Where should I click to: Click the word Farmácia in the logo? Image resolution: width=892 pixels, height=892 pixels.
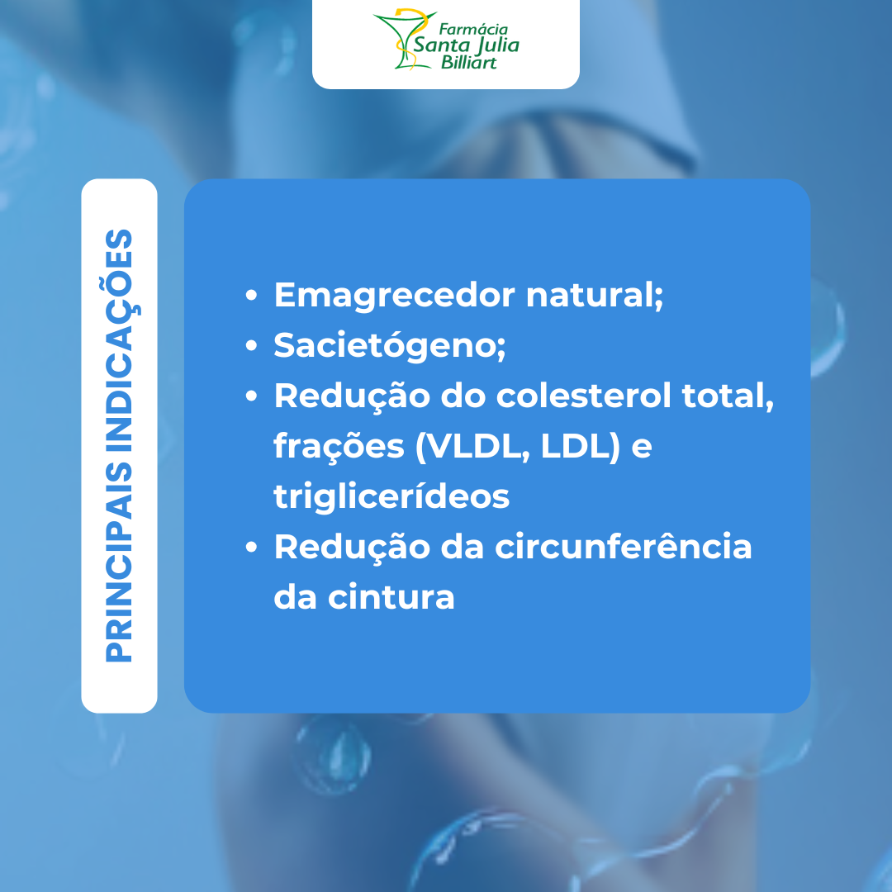click(473, 29)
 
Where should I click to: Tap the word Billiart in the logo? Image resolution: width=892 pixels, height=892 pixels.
click(469, 62)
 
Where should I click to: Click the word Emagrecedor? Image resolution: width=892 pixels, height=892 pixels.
click(394, 295)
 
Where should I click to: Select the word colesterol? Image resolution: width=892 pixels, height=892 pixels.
click(584, 395)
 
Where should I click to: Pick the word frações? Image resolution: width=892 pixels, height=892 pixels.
click(339, 447)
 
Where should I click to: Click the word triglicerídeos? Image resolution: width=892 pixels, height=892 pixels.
click(391, 496)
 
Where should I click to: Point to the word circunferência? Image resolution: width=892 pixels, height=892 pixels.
click(624, 547)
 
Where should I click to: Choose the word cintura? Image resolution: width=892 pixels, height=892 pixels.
click(391, 597)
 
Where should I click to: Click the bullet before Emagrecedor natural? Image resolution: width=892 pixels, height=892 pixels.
click(251, 295)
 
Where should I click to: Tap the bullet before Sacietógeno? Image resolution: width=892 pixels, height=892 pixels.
click(251, 345)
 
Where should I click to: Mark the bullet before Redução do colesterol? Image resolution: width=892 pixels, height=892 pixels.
click(251, 396)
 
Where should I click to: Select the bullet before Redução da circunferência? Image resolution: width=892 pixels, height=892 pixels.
click(251, 547)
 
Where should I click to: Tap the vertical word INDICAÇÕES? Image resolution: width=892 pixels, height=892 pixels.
click(121, 340)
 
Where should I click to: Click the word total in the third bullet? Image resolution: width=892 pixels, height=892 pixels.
click(727, 396)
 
